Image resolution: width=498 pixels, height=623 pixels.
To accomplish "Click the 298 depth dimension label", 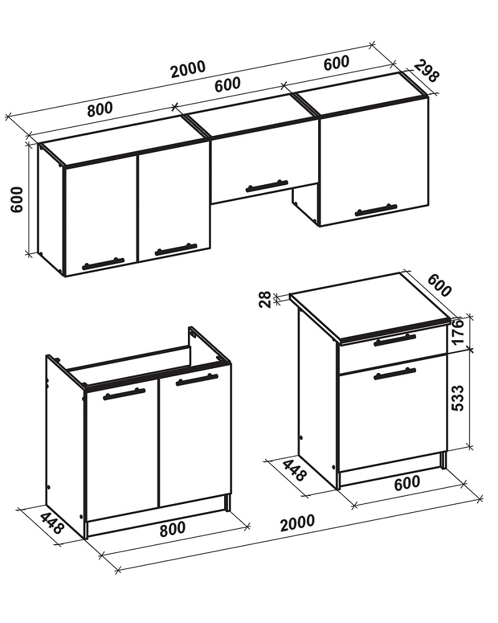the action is [x=426, y=71].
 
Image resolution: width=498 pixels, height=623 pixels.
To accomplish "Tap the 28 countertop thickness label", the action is [x=265, y=299].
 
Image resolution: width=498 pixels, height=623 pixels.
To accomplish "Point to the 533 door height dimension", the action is [x=458, y=397].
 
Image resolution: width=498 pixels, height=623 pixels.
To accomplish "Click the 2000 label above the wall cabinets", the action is [x=188, y=69].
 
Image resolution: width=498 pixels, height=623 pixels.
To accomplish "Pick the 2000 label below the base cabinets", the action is [x=298, y=523].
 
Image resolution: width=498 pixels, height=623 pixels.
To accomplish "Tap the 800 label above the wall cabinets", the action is [x=100, y=109].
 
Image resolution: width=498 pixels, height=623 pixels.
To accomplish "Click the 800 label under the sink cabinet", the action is [x=172, y=528].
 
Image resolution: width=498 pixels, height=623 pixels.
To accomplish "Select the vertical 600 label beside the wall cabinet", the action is [x=17, y=199].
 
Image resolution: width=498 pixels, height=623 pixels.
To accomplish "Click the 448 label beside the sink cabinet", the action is [x=52, y=523].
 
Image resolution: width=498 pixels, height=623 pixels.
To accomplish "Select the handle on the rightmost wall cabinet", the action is [x=376, y=210].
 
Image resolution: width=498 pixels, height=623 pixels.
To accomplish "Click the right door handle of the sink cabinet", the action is [x=197, y=380].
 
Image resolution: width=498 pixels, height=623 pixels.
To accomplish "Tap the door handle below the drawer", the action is [x=394, y=374].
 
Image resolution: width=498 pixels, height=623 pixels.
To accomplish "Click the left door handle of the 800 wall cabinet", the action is [x=103, y=264].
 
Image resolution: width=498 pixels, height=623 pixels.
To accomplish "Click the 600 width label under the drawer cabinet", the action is [x=407, y=483].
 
